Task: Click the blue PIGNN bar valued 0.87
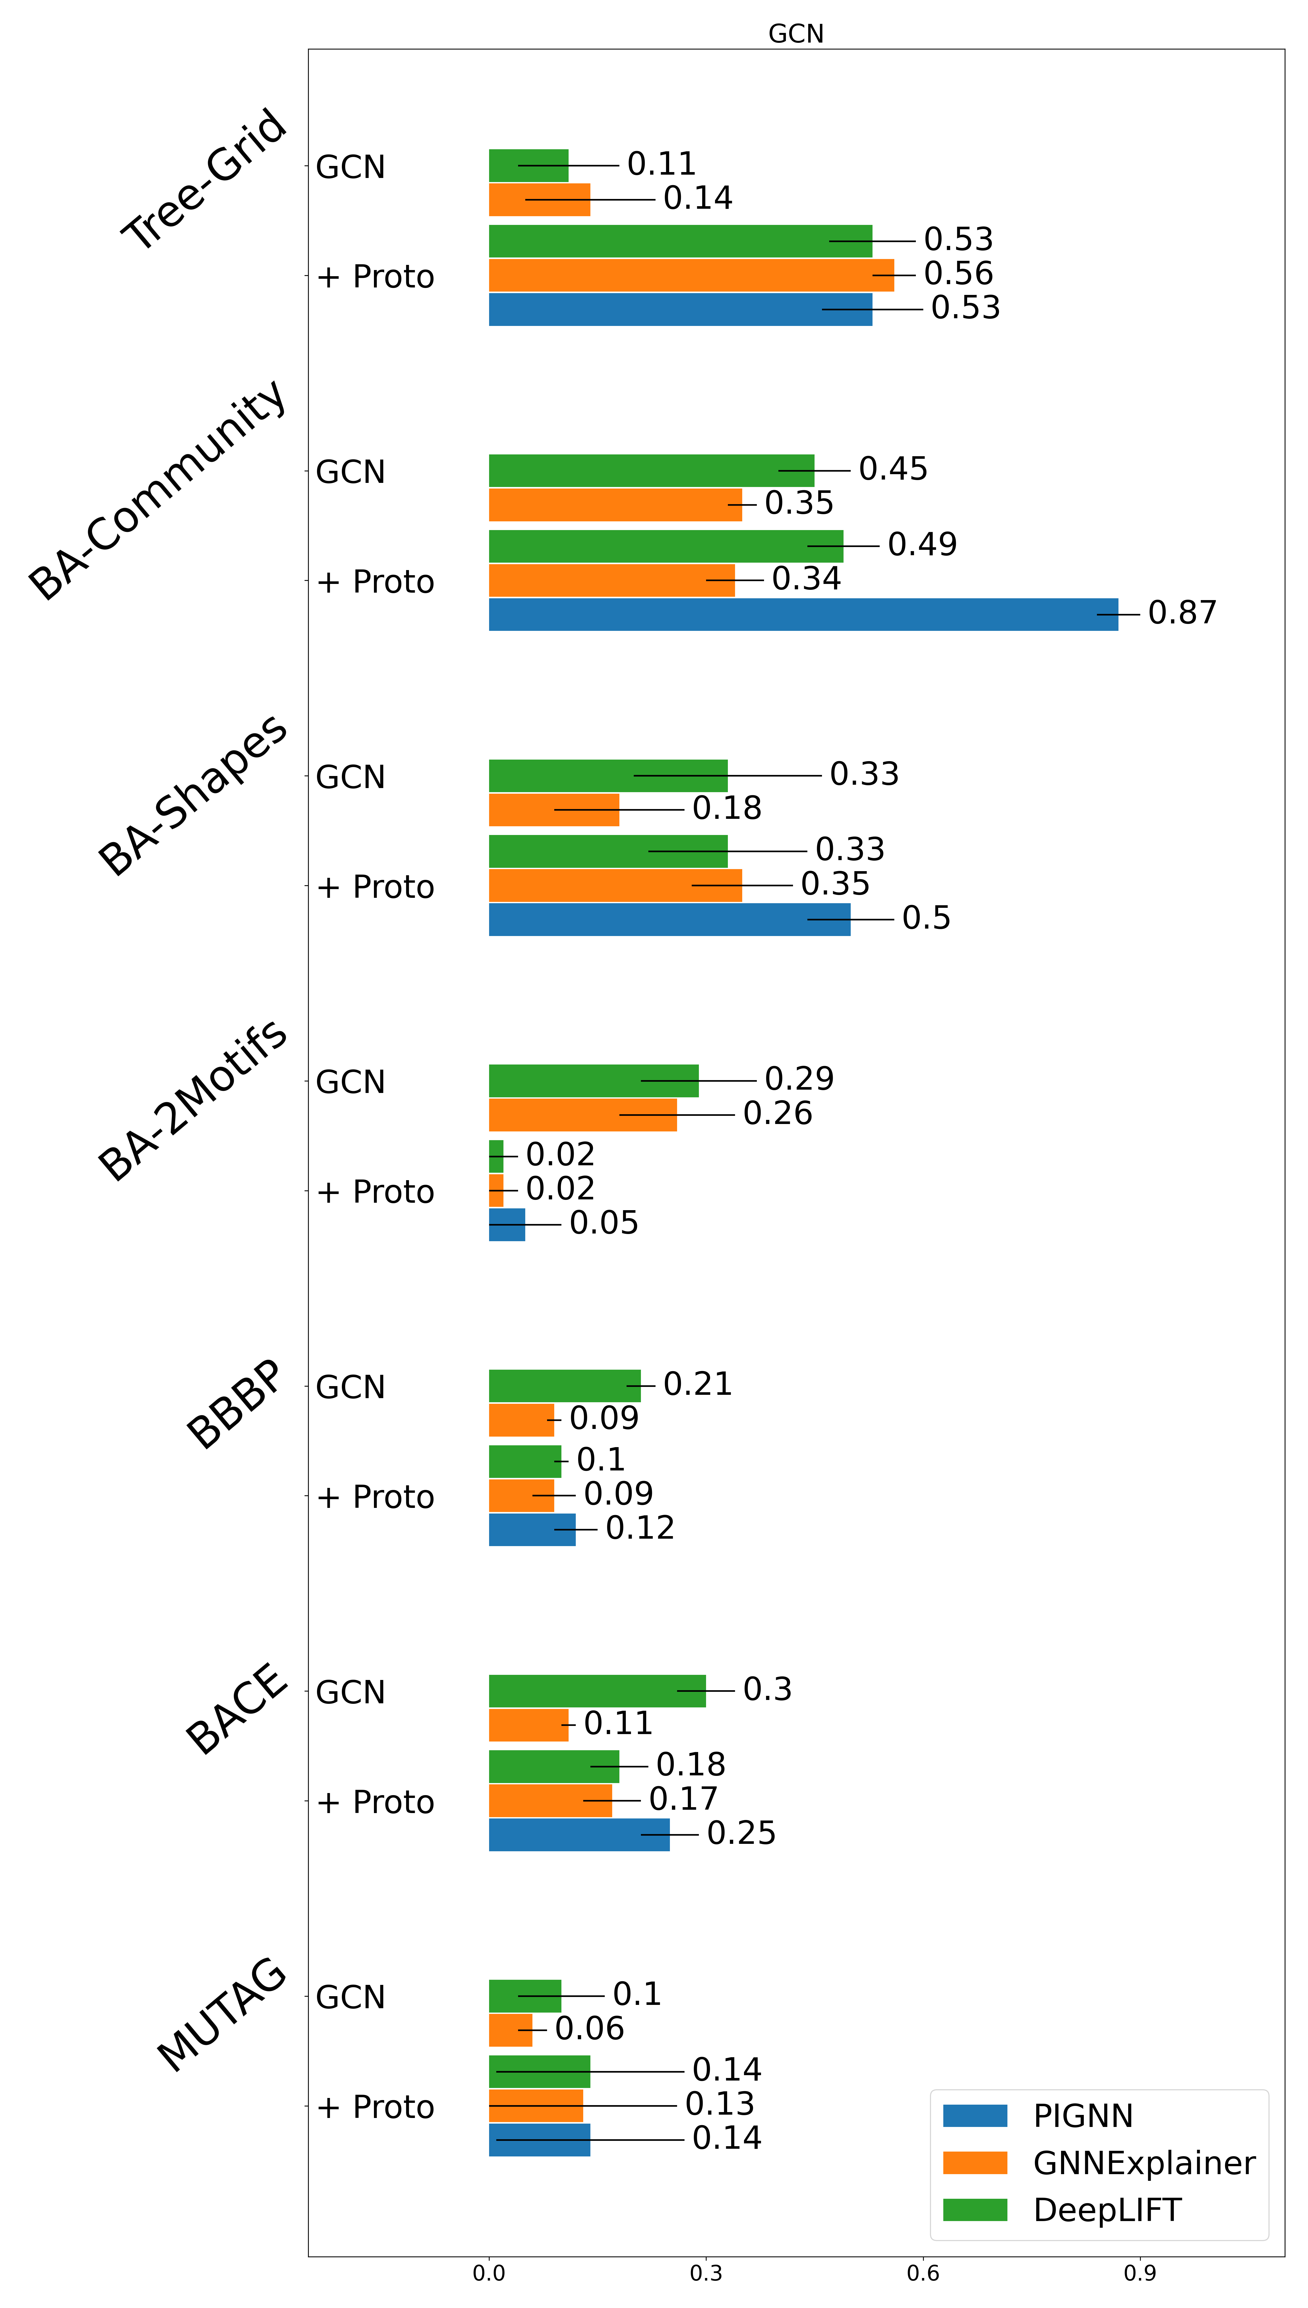point(803,614)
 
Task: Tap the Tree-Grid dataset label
point(205,180)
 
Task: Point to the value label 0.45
point(893,469)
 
